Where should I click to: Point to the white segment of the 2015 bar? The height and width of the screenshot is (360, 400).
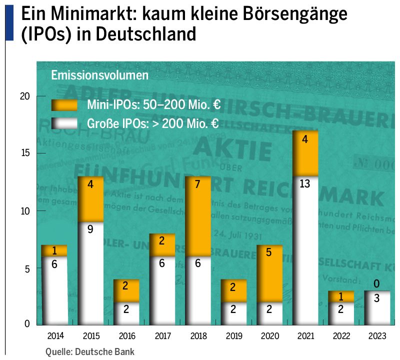[90, 273]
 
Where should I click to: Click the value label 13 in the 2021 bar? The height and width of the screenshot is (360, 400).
[304, 184]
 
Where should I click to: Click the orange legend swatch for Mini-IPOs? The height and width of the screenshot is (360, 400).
[64, 104]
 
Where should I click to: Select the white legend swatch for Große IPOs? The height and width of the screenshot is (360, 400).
[64, 123]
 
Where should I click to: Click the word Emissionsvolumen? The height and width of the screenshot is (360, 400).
[99, 76]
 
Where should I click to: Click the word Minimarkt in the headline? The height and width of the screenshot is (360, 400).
[87, 14]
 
